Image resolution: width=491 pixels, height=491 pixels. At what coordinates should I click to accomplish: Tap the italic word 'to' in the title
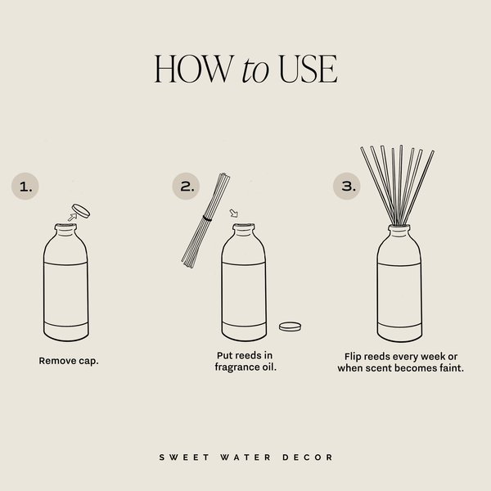click(256, 71)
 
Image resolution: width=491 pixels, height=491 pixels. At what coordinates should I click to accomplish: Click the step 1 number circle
click(26, 187)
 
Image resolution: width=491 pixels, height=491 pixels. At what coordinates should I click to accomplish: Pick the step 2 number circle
click(187, 187)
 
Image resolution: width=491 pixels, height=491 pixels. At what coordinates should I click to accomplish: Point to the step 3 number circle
click(348, 187)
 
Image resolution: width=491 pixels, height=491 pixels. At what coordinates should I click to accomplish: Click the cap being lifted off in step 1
click(81, 209)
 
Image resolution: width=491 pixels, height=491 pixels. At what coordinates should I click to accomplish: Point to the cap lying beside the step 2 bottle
click(290, 326)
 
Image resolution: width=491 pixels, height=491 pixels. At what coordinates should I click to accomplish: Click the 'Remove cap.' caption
click(68, 360)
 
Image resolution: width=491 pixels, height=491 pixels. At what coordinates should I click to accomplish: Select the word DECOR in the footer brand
click(315, 457)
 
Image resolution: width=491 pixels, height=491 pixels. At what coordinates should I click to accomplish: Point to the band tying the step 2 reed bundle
click(208, 218)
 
